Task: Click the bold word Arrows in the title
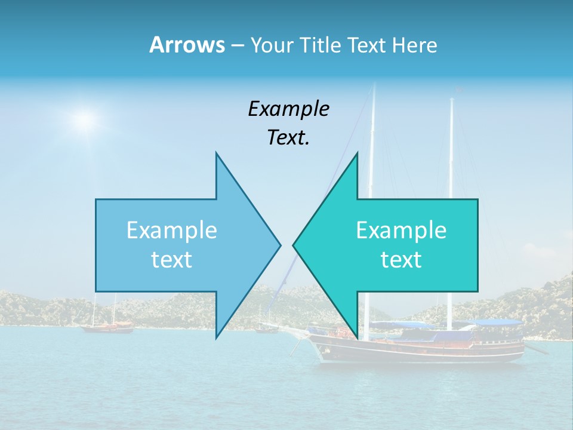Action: pos(186,45)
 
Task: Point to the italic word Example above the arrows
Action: pos(288,109)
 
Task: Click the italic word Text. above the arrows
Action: pos(288,138)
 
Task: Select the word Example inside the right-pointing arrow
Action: pos(172,231)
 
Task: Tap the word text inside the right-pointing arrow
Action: pos(172,260)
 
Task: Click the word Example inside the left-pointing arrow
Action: pos(401,231)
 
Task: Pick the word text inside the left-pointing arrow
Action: pos(401,260)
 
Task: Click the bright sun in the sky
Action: pos(85,120)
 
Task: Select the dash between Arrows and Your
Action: pos(237,46)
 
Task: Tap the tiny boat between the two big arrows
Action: pos(267,328)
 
